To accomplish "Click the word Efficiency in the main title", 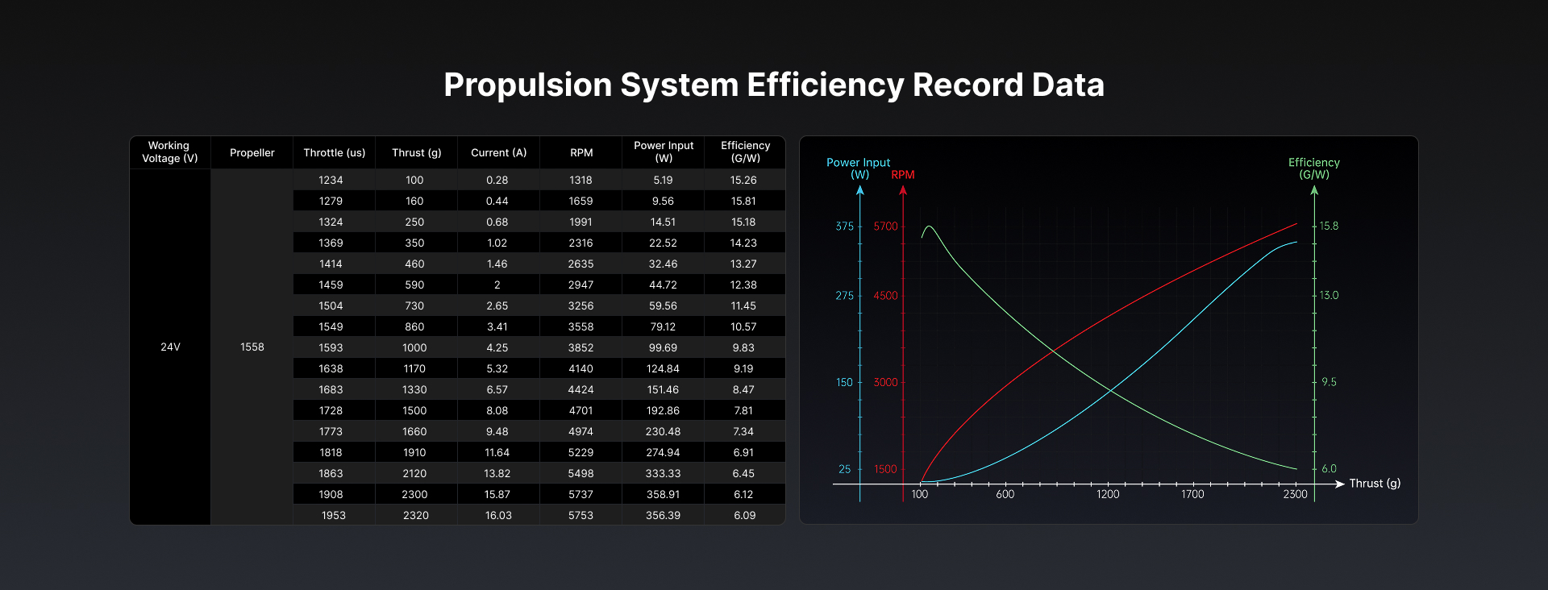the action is tap(826, 85).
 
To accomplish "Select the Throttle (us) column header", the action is tap(334, 152).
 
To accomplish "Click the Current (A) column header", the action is tap(498, 152).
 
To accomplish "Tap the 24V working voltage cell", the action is tap(170, 347).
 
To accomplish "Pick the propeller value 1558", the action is tap(252, 347).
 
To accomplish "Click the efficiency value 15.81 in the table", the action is tap(743, 201).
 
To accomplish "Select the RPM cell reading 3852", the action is tap(580, 347).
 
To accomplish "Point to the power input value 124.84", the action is tap(663, 368).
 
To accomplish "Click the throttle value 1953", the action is tap(334, 515).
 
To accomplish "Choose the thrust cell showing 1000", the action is tap(414, 347).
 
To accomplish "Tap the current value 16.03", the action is tap(498, 515).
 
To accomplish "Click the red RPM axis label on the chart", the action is tap(903, 175).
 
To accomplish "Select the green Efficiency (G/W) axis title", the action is tap(1314, 168).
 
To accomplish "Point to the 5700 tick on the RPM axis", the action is tap(885, 226).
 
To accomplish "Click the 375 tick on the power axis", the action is tap(844, 226).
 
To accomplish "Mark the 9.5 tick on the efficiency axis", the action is tap(1329, 382).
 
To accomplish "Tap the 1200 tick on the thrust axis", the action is tap(1108, 494).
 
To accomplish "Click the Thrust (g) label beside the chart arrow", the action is tap(1375, 484).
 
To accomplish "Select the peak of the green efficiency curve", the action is tap(930, 226).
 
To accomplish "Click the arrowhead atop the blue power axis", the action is tap(860, 190).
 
